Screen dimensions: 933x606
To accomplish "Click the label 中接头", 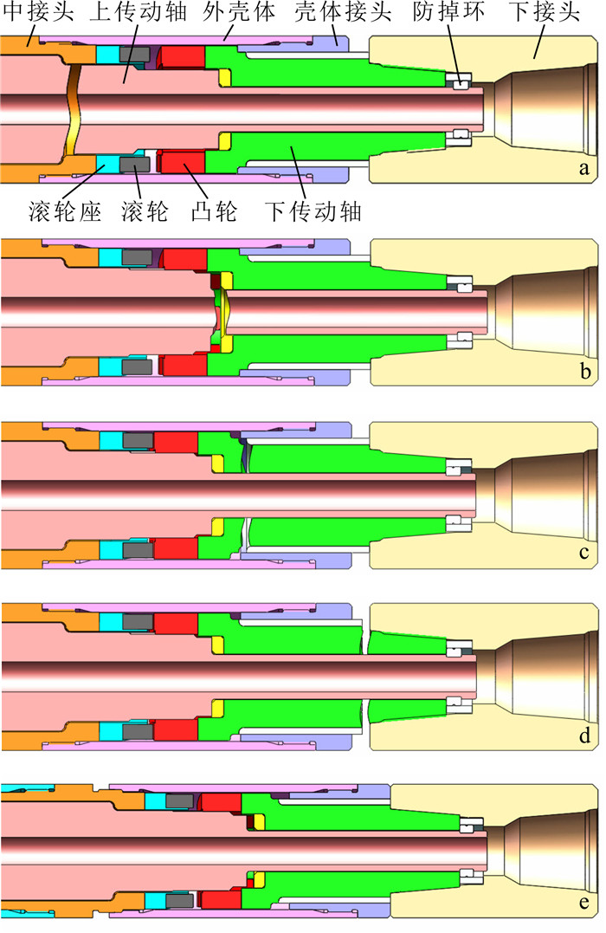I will (29, 13).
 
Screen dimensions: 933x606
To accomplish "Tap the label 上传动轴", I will (130, 13).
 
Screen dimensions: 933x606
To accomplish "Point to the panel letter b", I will (584, 373).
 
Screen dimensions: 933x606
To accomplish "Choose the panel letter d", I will (584, 737).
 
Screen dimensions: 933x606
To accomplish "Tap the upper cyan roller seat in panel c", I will (110, 441).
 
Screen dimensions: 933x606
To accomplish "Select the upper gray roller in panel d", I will (139, 623).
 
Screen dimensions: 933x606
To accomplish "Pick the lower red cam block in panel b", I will (185, 365).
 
